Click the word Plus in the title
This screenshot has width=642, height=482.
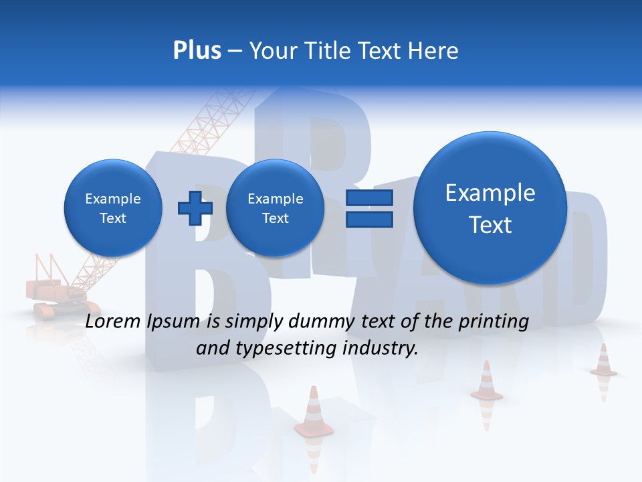(197, 51)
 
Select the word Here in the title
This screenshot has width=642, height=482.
(434, 51)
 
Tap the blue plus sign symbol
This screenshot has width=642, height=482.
(195, 208)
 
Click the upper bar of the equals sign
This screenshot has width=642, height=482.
(368, 197)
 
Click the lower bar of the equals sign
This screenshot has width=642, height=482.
(368, 219)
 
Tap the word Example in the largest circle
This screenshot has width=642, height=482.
(490, 193)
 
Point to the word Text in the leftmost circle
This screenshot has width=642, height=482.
(112, 218)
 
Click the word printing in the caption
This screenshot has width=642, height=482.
(496, 322)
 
